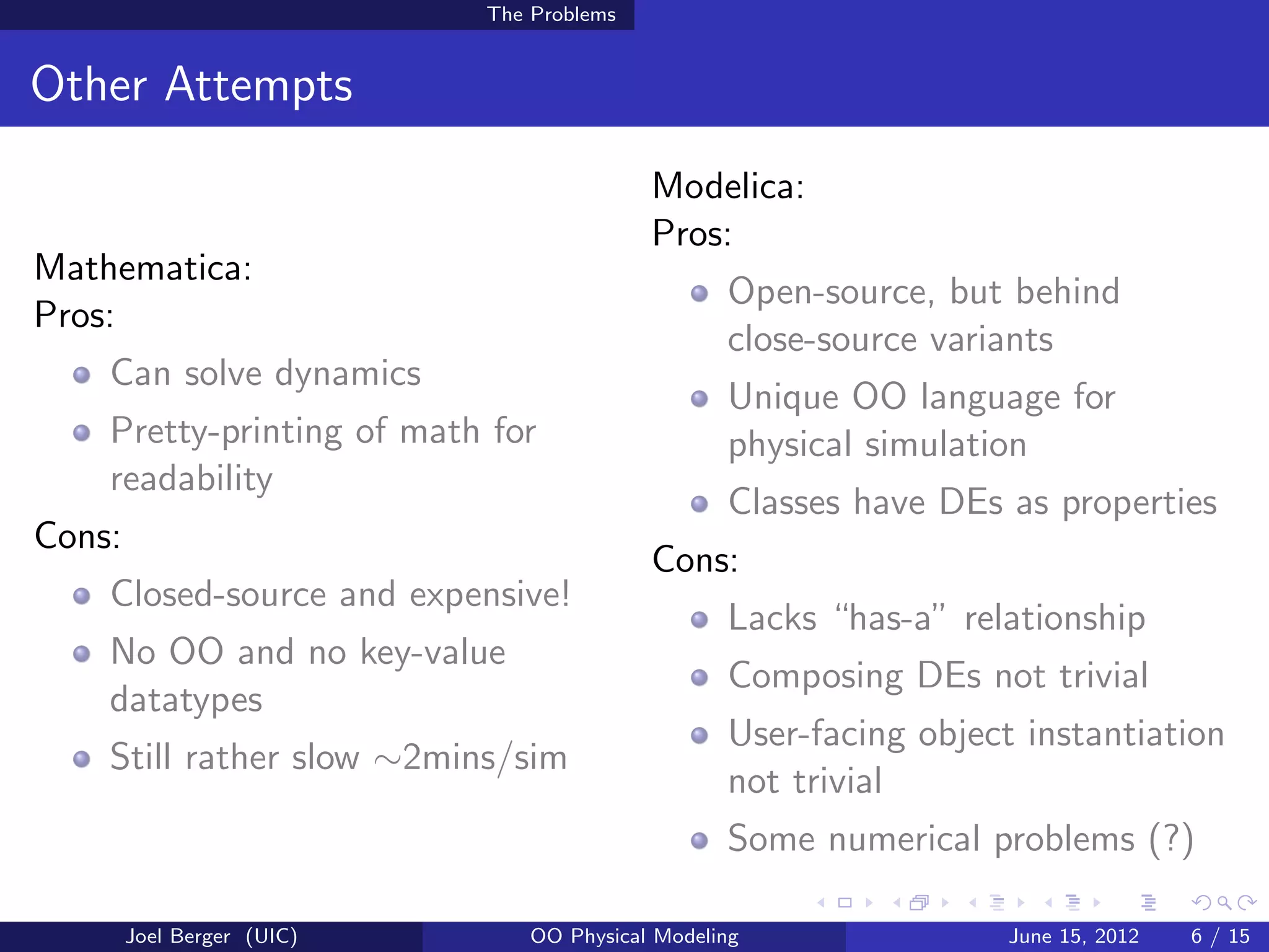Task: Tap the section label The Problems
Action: (551, 14)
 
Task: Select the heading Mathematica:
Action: (143, 268)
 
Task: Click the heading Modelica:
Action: (728, 186)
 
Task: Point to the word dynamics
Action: (348, 374)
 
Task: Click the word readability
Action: (191, 479)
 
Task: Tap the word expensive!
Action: (490, 594)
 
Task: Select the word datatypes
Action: (186, 700)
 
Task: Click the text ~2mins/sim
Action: (471, 757)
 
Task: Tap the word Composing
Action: (815, 676)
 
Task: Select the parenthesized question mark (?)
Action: (1170, 839)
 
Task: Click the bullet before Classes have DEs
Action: (700, 503)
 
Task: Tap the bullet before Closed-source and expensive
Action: (82, 596)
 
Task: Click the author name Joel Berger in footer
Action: (178, 936)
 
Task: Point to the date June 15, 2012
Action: (1074, 936)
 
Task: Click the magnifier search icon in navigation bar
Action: (1223, 902)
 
